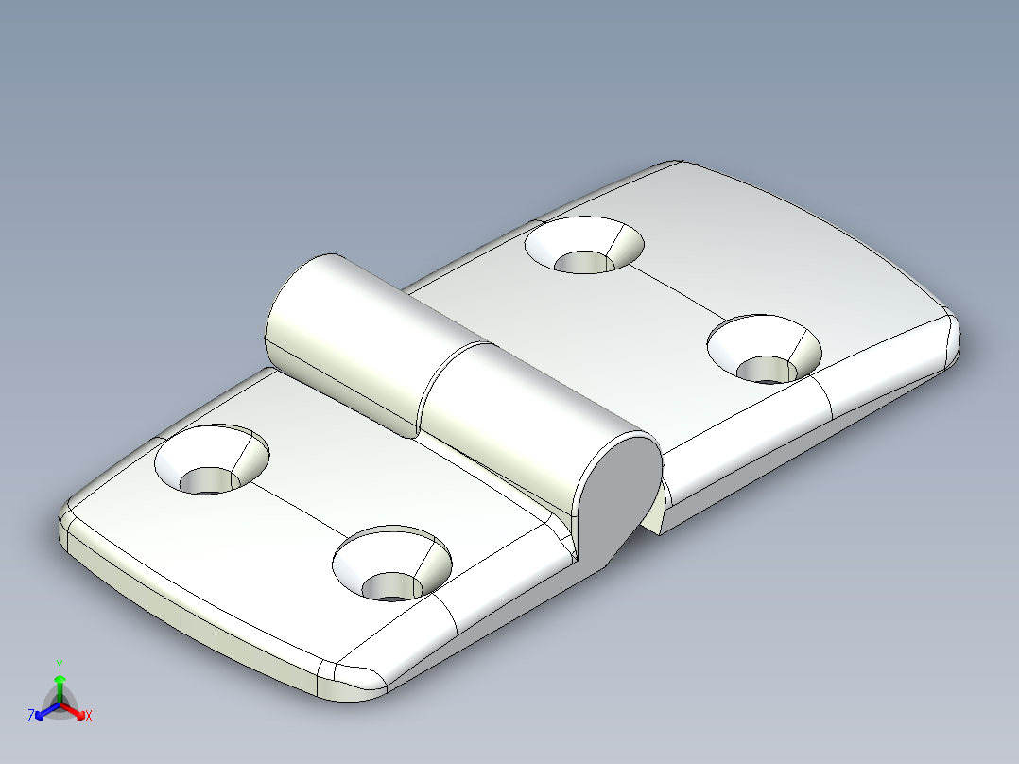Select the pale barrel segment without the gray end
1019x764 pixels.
345,340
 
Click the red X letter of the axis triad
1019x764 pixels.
89,717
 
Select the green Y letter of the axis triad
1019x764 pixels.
59,665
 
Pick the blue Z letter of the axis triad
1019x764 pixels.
31,717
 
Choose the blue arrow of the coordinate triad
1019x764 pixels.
43,711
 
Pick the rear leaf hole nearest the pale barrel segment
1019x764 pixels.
583,248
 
